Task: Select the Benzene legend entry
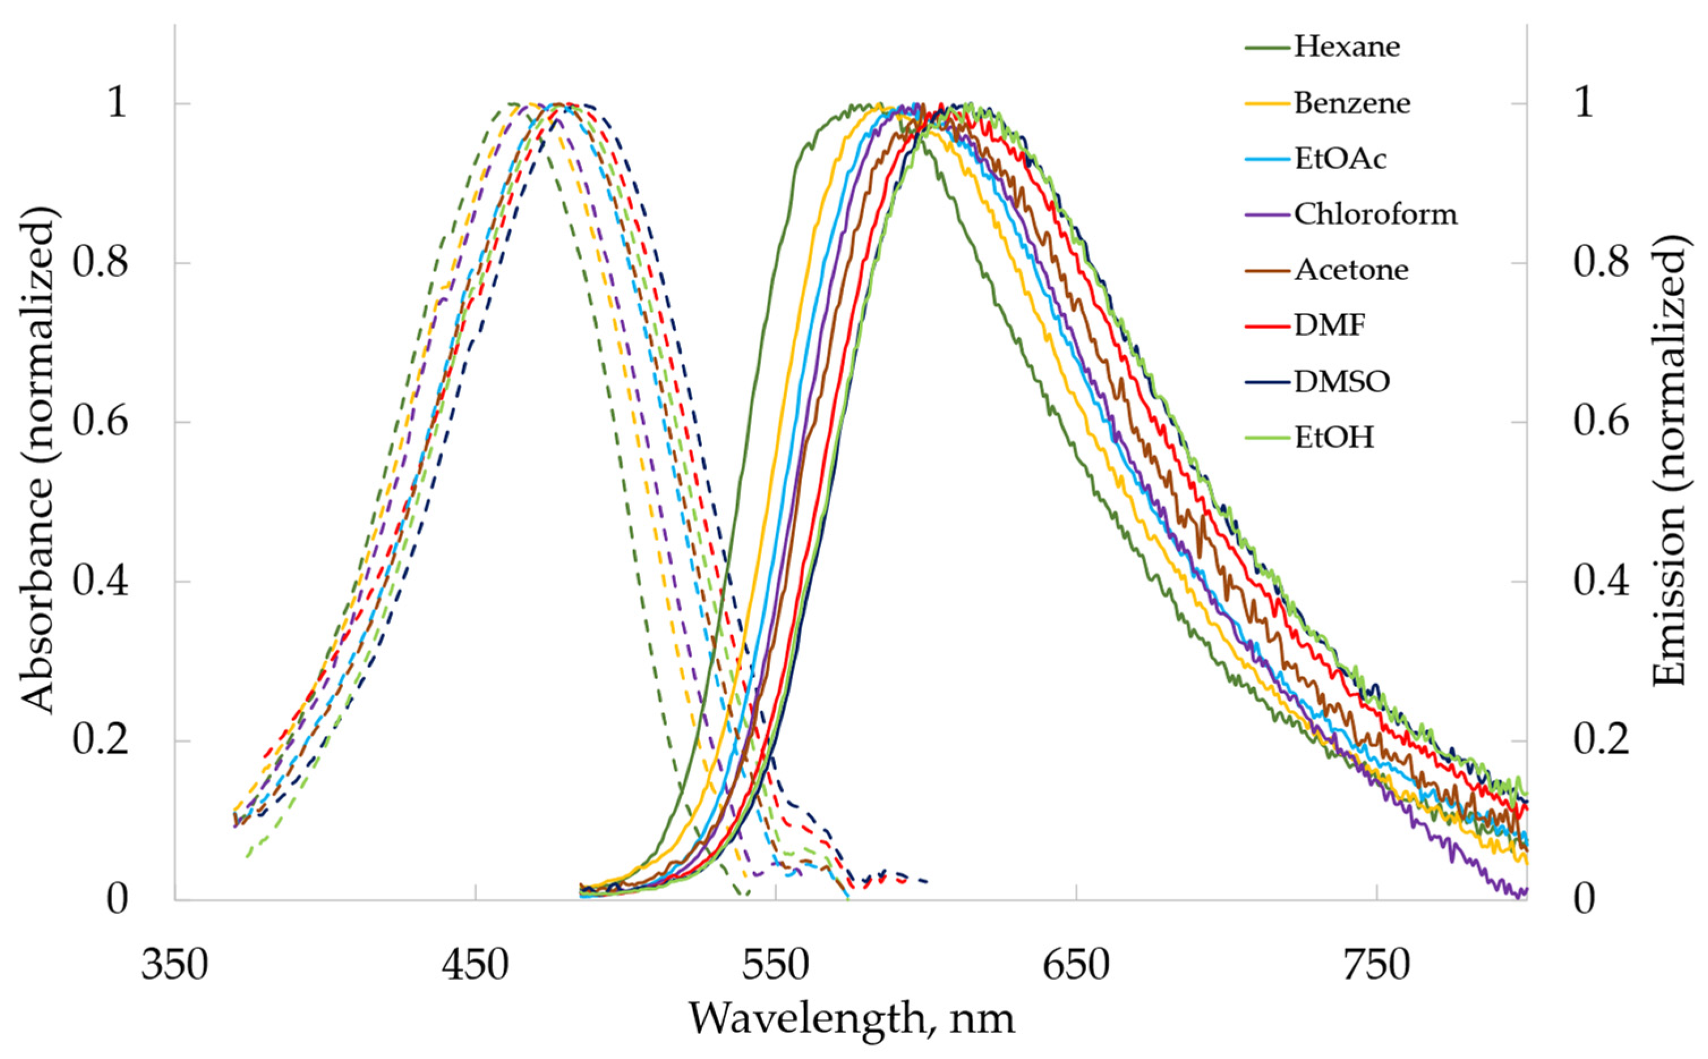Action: [x=1351, y=103]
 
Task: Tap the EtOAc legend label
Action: [x=1339, y=159]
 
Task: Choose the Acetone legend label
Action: [x=1351, y=269]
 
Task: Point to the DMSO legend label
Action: [x=1341, y=381]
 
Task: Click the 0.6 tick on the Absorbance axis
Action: [x=100, y=422]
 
